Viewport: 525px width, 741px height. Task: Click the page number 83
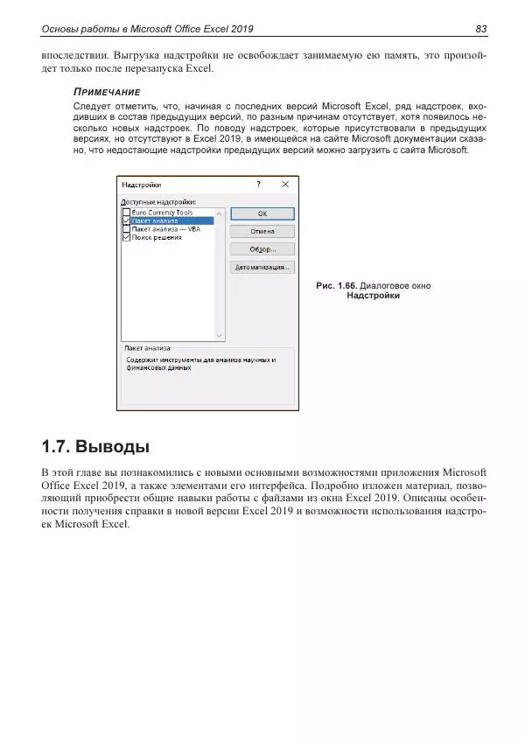point(480,30)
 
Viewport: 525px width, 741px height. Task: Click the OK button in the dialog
point(262,213)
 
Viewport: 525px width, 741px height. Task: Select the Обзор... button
point(262,249)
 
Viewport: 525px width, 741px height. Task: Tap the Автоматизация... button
point(262,267)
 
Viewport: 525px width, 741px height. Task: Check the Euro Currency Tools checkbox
point(127,213)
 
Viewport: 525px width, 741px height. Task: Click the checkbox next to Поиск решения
point(127,237)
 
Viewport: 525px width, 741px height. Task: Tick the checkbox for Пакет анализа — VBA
point(127,229)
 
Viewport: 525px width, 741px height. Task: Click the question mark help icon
point(258,185)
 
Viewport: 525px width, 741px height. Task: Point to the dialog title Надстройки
point(141,185)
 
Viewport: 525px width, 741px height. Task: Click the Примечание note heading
point(108,92)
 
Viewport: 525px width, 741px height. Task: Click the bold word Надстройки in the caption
point(373,296)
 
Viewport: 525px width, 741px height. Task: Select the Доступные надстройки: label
point(158,201)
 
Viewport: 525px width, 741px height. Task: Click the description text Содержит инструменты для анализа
point(199,360)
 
